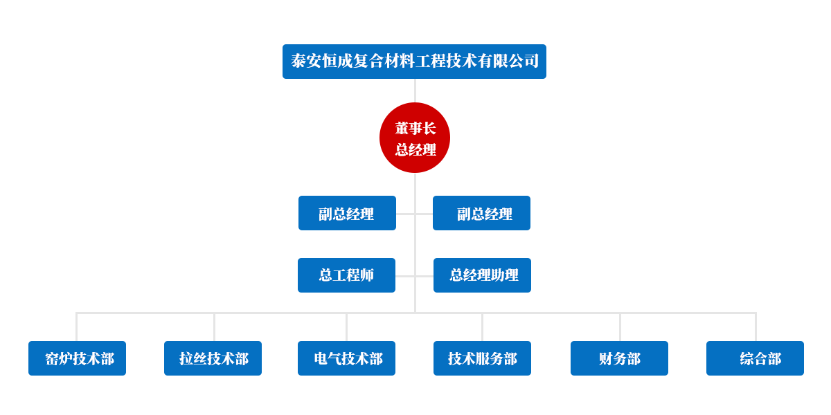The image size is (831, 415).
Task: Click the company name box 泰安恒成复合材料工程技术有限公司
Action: pyautogui.click(x=414, y=62)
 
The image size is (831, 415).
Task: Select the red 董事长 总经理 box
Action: pyautogui.click(x=415, y=138)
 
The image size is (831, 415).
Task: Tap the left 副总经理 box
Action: pyautogui.click(x=347, y=213)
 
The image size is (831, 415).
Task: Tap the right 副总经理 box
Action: pyautogui.click(x=481, y=213)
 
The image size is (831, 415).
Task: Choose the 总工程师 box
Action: pyautogui.click(x=346, y=275)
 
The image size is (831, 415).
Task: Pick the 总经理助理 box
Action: pyautogui.click(x=482, y=275)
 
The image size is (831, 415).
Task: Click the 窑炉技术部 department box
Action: pyautogui.click(x=78, y=358)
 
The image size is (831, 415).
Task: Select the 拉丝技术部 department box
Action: pyautogui.click(x=213, y=358)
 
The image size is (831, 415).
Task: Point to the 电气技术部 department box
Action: pyautogui.click(x=346, y=358)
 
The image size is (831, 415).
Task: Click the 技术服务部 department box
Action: pyautogui.click(x=482, y=358)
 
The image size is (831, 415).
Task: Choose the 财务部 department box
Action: pyautogui.click(x=619, y=358)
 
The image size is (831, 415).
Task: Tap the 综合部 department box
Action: pyautogui.click(x=755, y=358)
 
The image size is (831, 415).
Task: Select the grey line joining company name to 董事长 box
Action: pyautogui.click(x=415, y=91)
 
